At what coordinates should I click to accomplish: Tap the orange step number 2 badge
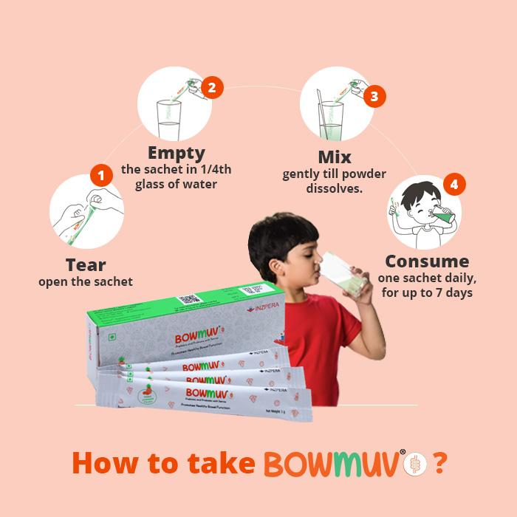pos(212,88)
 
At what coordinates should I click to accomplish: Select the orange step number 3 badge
pos(375,97)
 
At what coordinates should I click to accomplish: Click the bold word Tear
pos(86,265)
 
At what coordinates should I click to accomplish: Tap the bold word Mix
pos(335,157)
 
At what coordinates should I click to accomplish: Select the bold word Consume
pos(427,261)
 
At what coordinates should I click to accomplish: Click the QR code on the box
pos(190,300)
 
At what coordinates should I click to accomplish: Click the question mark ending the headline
pos(439,463)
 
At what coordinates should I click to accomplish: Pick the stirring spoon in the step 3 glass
pos(326,111)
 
